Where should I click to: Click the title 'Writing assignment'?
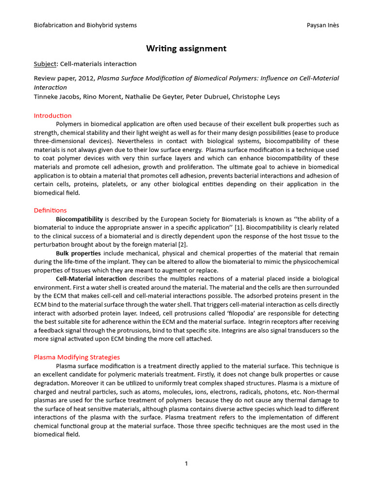[186, 49]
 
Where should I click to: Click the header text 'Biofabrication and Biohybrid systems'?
[85, 25]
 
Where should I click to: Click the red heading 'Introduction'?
[52, 116]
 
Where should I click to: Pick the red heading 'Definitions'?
[50, 210]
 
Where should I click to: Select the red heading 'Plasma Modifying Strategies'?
[77, 357]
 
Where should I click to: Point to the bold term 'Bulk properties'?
[79, 253]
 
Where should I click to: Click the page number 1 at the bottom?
[186, 464]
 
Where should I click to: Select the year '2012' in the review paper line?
[87, 78]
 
